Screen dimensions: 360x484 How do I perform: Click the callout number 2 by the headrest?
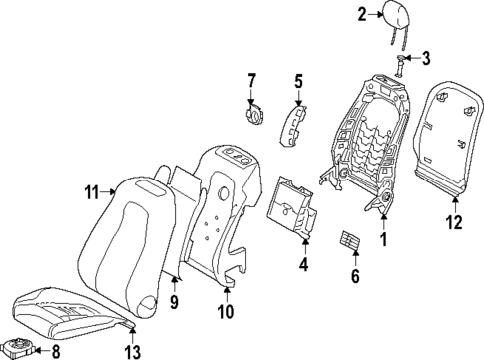coord(363,13)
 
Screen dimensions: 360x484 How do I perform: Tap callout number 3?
coord(426,60)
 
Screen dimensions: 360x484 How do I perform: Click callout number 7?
coord(252,78)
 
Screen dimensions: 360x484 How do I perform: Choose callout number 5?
coord(297,78)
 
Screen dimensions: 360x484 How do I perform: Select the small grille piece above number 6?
coord(350,243)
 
